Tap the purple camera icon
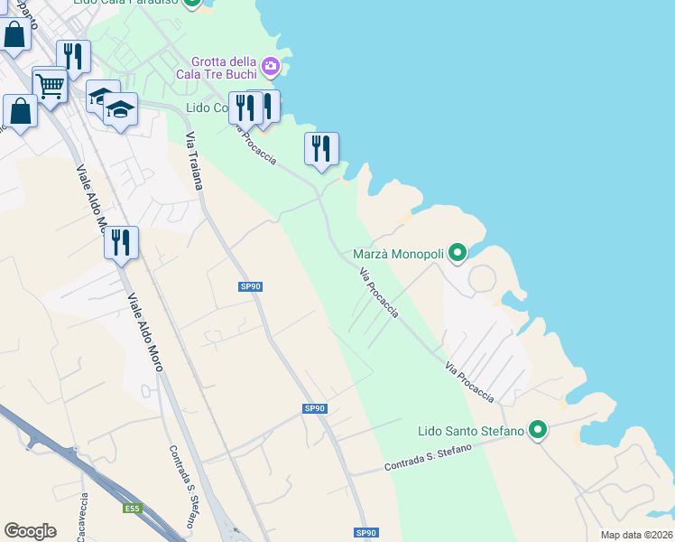coord(270,66)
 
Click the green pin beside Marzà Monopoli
coord(458,253)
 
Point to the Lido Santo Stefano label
coord(471,431)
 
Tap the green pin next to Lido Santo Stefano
coord(538,430)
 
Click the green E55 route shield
coord(133,509)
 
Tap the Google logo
coord(30,531)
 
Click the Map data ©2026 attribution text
coord(636,535)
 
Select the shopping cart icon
coord(51,87)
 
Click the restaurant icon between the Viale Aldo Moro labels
coord(120,242)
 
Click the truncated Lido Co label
coord(207,107)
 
